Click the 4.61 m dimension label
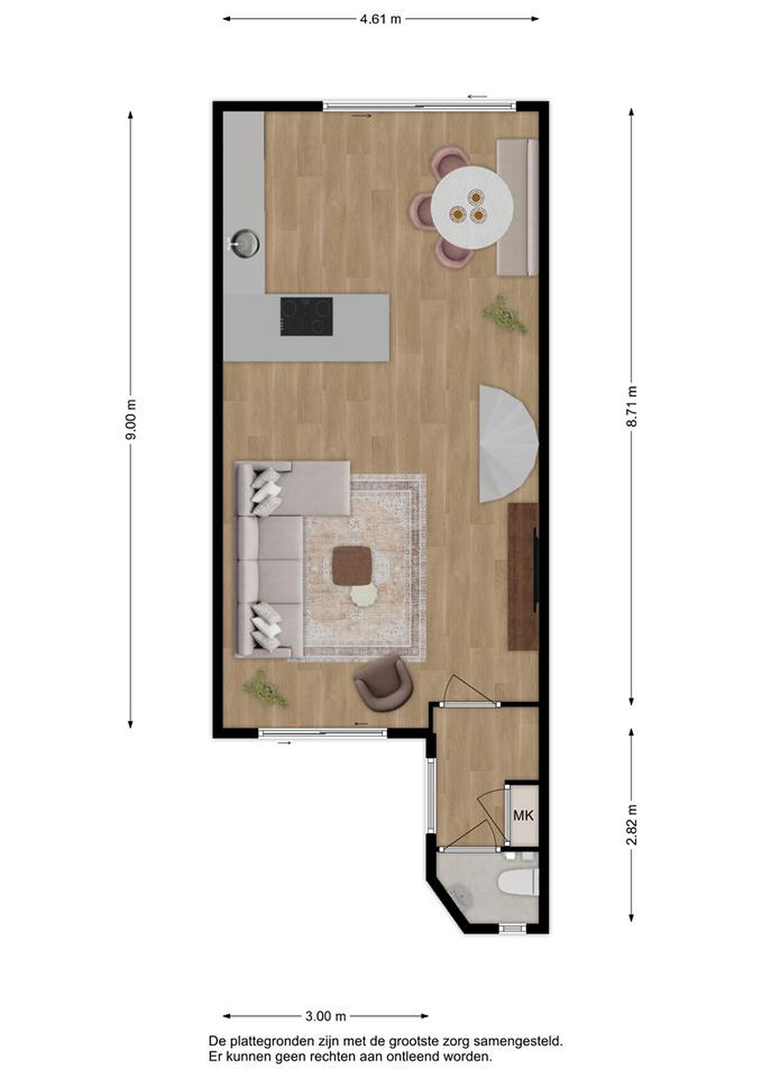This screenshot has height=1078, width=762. click(380, 19)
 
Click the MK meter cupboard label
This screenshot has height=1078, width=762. click(524, 816)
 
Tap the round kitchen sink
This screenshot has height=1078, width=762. click(244, 243)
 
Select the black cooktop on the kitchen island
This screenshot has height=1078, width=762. click(307, 316)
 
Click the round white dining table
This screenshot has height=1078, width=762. click(472, 208)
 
